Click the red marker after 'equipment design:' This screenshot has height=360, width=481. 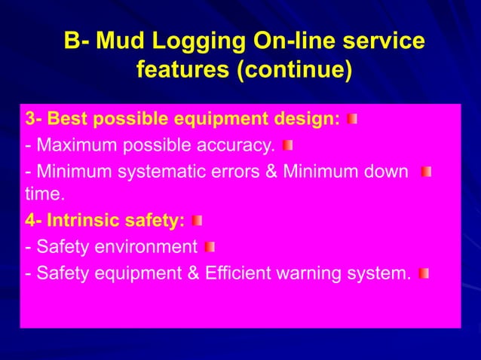coord(352,119)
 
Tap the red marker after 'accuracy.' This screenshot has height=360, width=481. coord(287,145)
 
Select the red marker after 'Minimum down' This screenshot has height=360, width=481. coord(426,172)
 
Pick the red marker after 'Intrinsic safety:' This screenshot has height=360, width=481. coord(197,221)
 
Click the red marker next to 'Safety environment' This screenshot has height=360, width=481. coord(210,246)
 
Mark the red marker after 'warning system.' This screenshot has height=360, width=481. coord(424,273)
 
